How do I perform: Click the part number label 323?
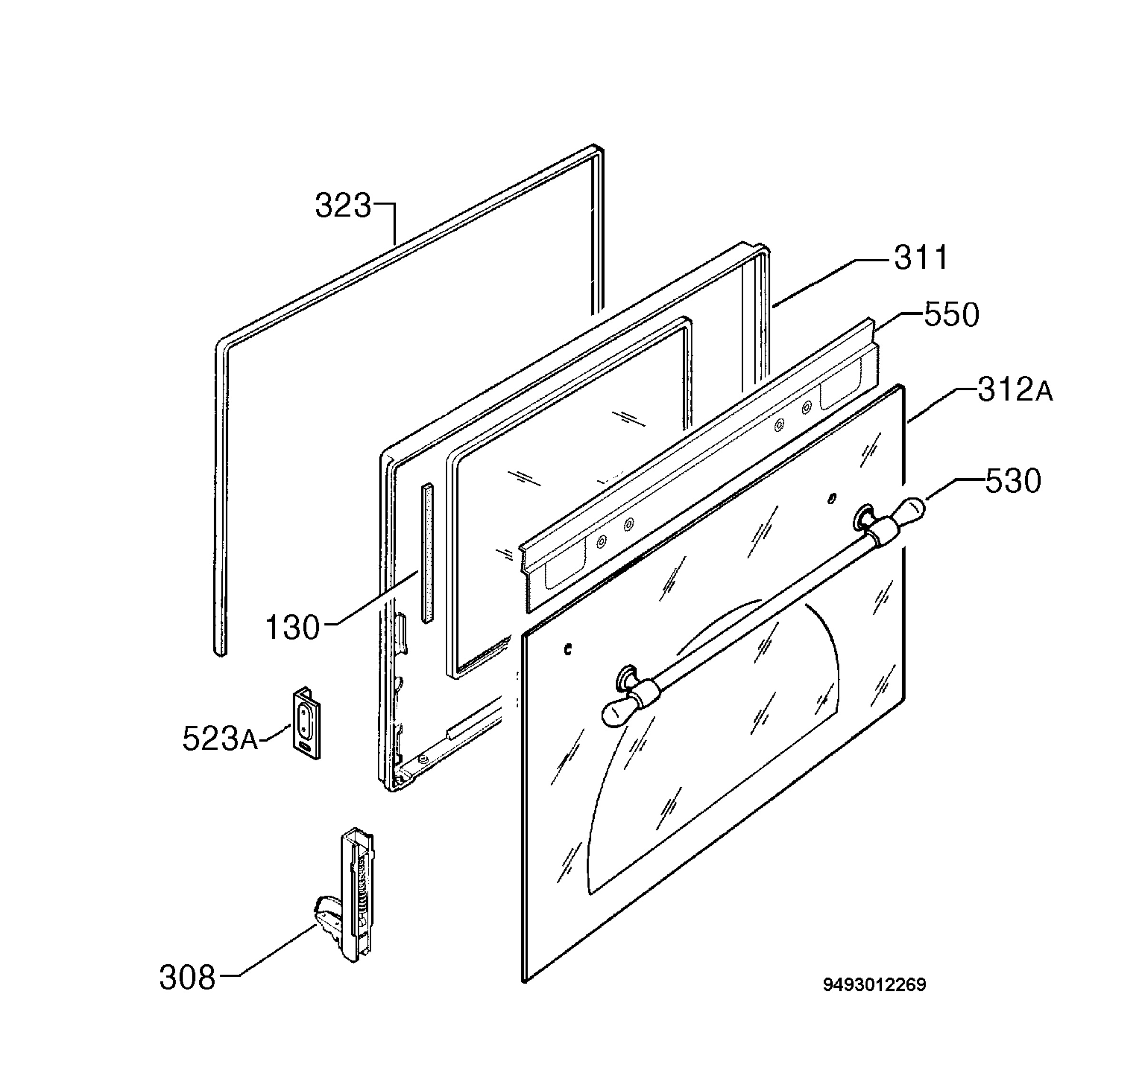[x=343, y=206]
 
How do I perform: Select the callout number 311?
[x=921, y=258]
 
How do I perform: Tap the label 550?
[x=951, y=315]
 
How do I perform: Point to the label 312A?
[x=1015, y=391]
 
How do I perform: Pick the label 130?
[x=292, y=627]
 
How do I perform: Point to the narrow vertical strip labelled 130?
[x=427, y=553]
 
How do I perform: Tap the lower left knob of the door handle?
[x=618, y=714]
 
